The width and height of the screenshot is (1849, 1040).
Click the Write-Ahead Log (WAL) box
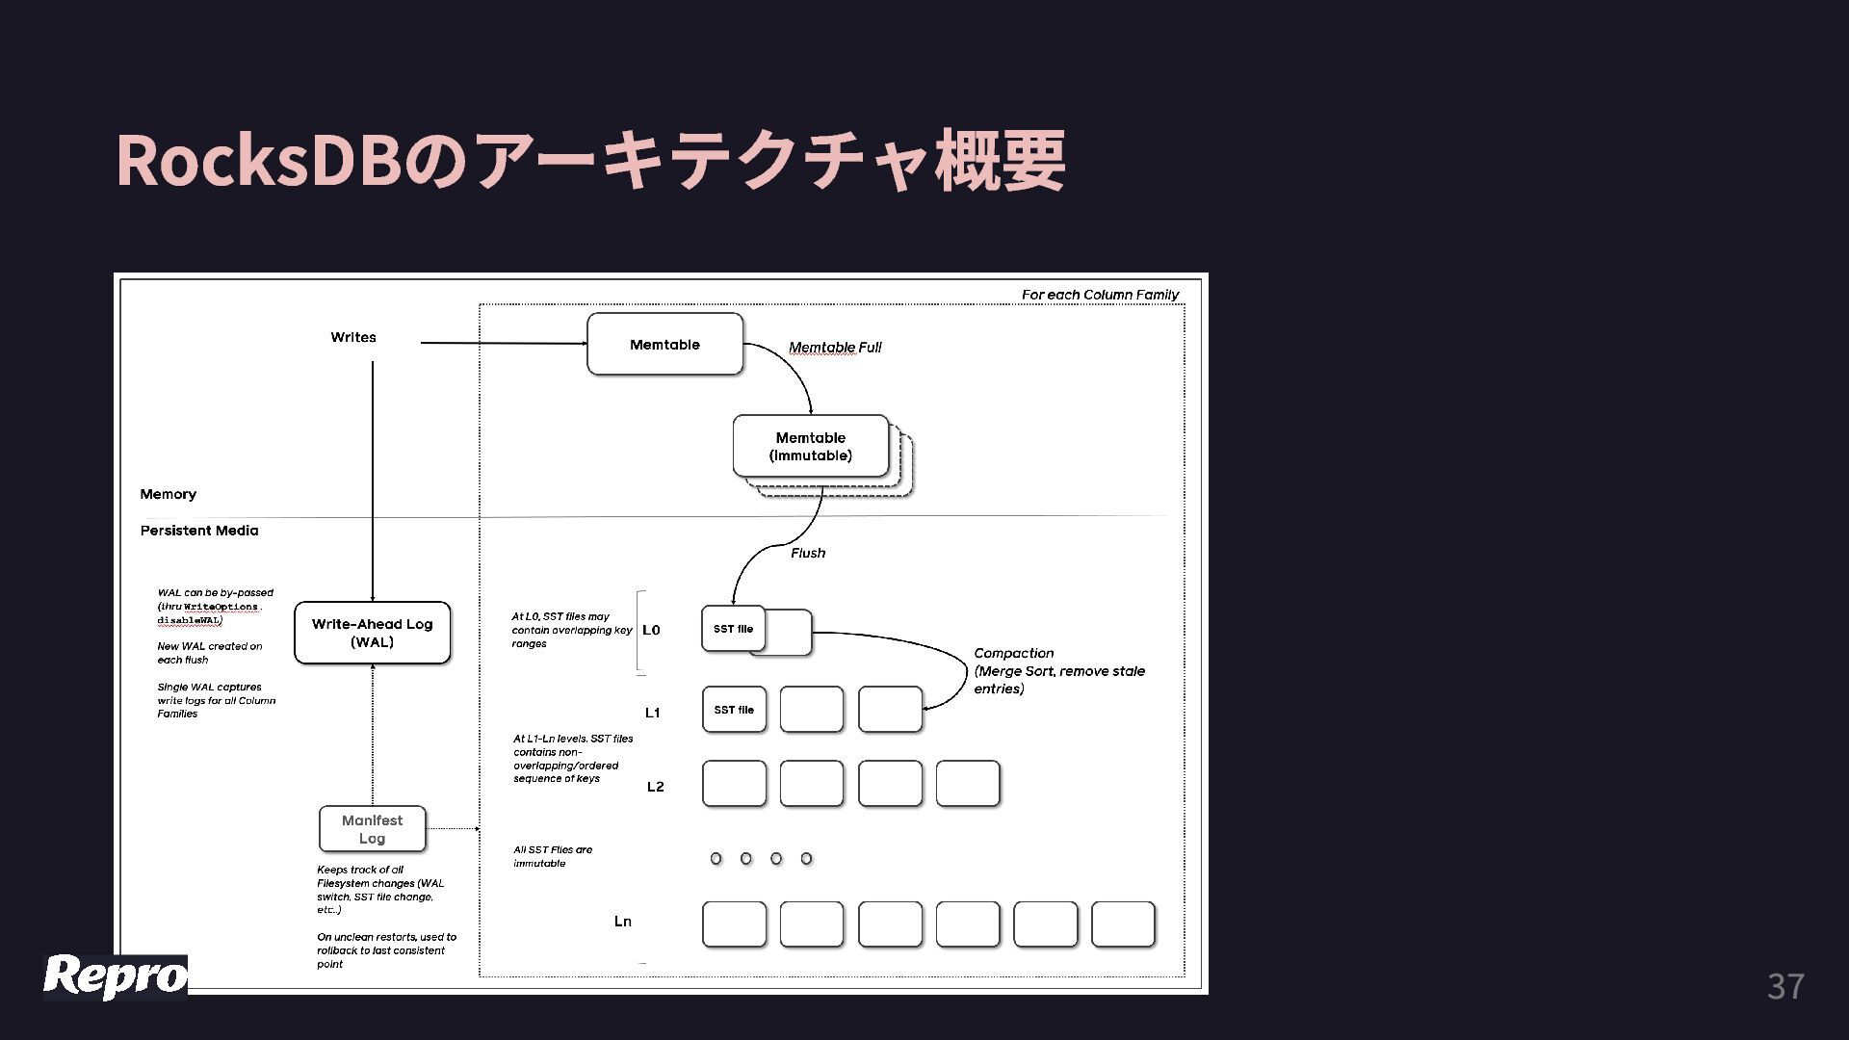click(x=372, y=633)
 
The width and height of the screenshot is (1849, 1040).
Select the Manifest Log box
click(x=372, y=829)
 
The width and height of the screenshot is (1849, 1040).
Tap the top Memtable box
click(x=664, y=344)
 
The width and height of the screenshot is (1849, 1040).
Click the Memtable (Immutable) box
click(x=810, y=446)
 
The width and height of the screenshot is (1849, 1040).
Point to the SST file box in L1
click(x=734, y=710)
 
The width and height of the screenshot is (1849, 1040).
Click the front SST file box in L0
click(x=733, y=629)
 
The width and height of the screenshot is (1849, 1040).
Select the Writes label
click(x=353, y=337)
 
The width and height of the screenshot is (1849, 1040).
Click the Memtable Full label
click(x=835, y=348)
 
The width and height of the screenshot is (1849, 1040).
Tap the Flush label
click(x=808, y=553)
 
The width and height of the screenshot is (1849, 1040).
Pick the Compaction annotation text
click(x=1058, y=670)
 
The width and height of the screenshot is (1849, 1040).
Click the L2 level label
click(x=655, y=787)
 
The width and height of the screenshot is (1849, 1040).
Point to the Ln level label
click(x=623, y=922)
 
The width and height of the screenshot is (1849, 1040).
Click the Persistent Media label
click(x=199, y=531)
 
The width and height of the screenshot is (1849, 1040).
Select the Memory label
click(x=169, y=494)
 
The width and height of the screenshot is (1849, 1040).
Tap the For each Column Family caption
click(x=1100, y=295)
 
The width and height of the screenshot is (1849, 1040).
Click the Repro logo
click(x=116, y=976)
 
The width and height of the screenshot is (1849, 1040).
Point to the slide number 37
click(x=1785, y=986)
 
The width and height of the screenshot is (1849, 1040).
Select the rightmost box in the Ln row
click(x=1123, y=924)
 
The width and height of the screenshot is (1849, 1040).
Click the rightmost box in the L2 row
click(x=967, y=783)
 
